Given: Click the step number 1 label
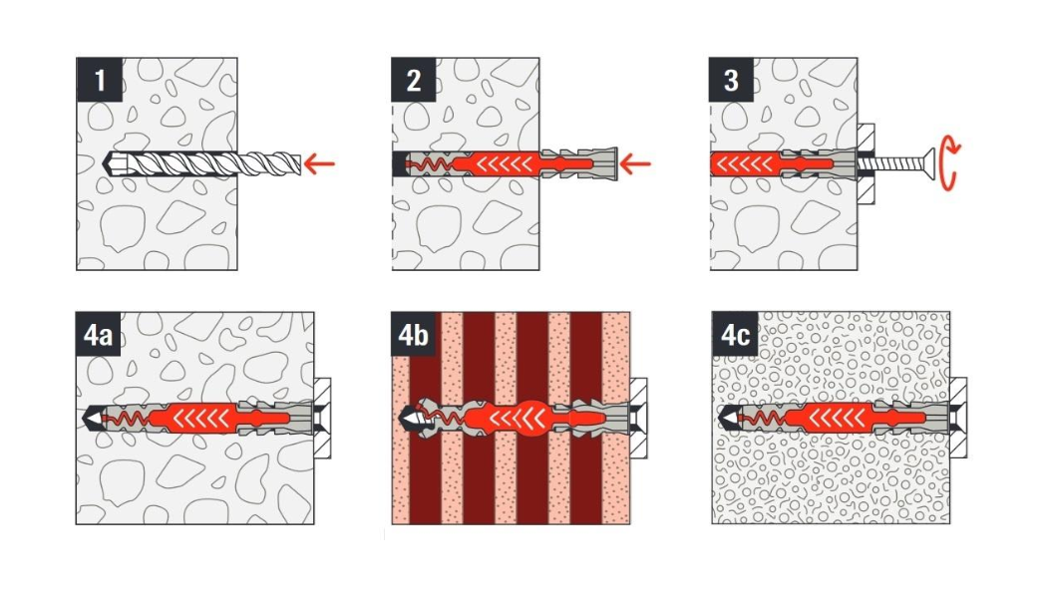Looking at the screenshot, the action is pyautogui.click(x=100, y=81).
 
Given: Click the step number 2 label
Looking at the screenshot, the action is pyautogui.click(x=414, y=81).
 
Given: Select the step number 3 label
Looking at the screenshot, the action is pyautogui.click(x=731, y=81).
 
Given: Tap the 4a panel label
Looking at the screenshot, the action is pyautogui.click(x=99, y=335).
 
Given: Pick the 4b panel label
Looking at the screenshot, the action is pyautogui.click(x=414, y=335).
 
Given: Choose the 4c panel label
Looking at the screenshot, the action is pyautogui.click(x=735, y=335).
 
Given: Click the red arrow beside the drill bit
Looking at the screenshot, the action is pyautogui.click(x=319, y=163).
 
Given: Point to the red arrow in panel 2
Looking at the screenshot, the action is pyautogui.click(x=635, y=163).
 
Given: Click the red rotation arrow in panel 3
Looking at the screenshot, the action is pyautogui.click(x=950, y=163).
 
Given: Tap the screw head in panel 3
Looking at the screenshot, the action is pyautogui.click(x=928, y=163).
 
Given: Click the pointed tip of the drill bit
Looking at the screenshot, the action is pyautogui.click(x=108, y=163).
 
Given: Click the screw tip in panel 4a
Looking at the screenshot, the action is pyautogui.click(x=89, y=419).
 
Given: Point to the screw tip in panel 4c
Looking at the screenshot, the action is pyautogui.click(x=727, y=418).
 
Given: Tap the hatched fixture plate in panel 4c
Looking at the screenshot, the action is pyautogui.click(x=958, y=418).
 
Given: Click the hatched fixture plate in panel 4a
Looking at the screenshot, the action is pyautogui.click(x=323, y=419).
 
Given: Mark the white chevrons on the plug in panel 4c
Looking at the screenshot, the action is pyautogui.click(x=836, y=418).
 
